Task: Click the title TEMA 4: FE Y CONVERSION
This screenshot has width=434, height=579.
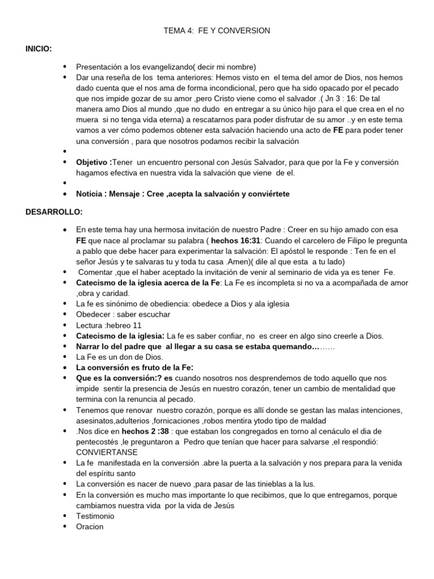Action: (x=216, y=31)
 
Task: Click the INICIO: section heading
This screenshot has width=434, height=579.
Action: (x=39, y=49)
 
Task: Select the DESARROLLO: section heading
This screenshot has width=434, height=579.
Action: (x=54, y=212)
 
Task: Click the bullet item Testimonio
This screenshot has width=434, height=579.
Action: (x=95, y=516)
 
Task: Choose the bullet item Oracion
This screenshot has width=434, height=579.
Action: (x=90, y=526)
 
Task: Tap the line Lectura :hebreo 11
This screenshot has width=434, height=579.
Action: (x=109, y=325)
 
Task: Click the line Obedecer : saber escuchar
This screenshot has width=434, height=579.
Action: (x=123, y=314)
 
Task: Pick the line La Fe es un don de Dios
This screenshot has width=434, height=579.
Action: (x=119, y=357)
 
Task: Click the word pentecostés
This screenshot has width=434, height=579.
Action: (x=99, y=442)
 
